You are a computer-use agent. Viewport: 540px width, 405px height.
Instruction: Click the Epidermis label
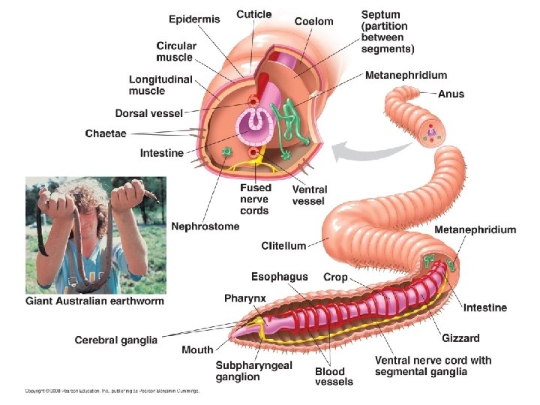194,19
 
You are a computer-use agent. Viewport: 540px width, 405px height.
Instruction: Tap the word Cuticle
254,14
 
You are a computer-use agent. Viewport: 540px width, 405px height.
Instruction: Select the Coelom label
313,22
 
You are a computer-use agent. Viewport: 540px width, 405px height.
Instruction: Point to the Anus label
451,94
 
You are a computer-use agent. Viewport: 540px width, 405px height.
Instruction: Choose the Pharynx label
244,298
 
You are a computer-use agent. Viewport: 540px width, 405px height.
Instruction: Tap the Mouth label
197,349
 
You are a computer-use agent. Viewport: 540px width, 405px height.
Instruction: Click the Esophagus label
279,277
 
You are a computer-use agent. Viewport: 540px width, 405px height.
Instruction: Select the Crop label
335,277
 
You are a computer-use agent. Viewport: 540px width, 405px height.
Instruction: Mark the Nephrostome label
205,226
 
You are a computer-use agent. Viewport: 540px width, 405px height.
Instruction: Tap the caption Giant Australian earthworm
94,301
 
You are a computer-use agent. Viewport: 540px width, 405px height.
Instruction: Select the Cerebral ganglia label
115,340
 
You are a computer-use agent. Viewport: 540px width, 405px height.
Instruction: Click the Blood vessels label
329,376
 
